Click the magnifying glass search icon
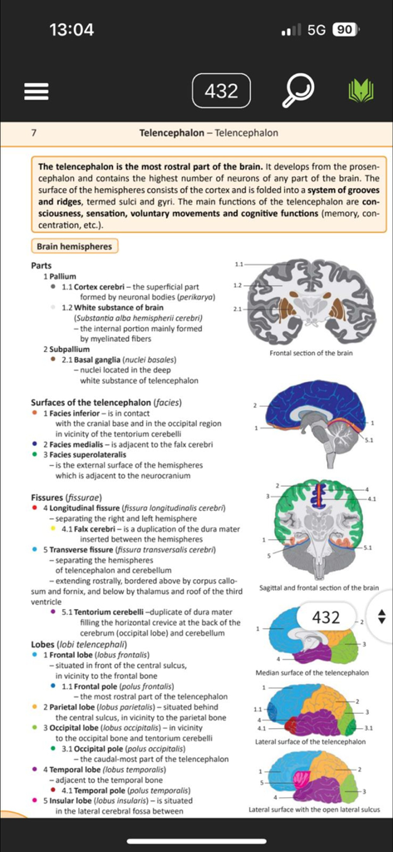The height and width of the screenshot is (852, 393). pyautogui.click(x=297, y=91)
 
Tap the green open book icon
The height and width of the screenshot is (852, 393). pyautogui.click(x=361, y=91)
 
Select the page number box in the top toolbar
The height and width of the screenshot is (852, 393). pyautogui.click(x=221, y=91)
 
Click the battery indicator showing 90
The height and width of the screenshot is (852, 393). pyautogui.click(x=344, y=30)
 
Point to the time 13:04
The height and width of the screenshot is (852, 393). pyautogui.click(x=71, y=30)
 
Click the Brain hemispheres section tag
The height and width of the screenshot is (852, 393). pyautogui.click(x=73, y=246)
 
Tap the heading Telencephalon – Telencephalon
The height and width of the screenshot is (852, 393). pyautogui.click(x=209, y=133)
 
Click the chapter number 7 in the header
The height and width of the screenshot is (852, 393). pyautogui.click(x=33, y=133)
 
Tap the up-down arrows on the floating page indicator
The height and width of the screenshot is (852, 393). pyautogui.click(x=381, y=617)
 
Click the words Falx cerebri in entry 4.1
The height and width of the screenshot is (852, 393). pyautogui.click(x=96, y=528)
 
